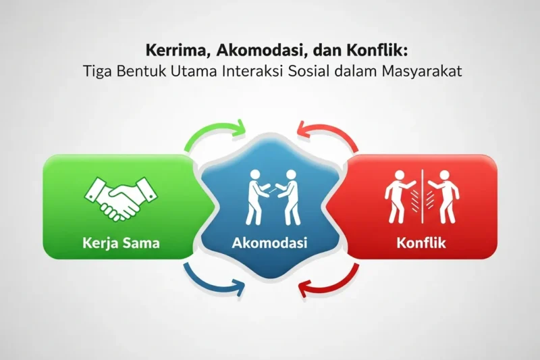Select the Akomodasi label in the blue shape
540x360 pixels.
pyautogui.click(x=270, y=242)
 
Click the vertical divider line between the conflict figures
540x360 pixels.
pyautogui.click(x=422, y=196)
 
